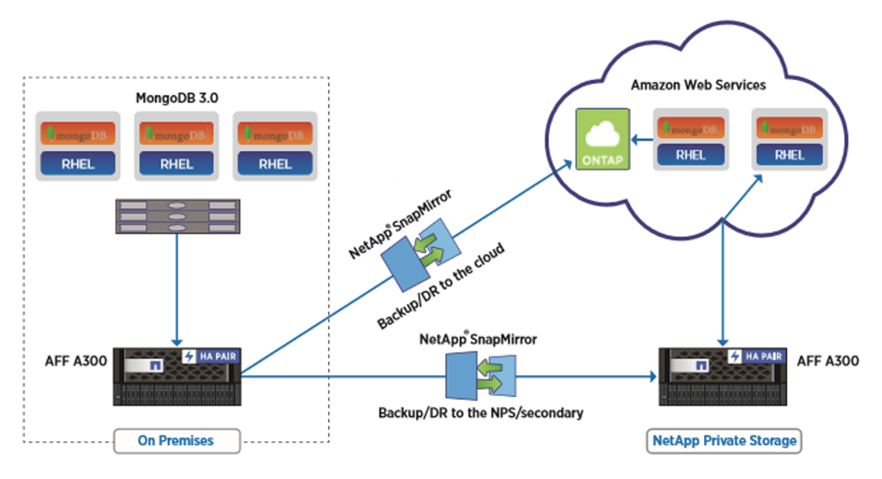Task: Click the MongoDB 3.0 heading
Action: [176, 96]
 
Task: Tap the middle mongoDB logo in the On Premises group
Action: [176, 134]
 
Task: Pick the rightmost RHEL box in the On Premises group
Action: [276, 165]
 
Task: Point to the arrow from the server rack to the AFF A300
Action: [175, 286]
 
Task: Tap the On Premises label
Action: [176, 440]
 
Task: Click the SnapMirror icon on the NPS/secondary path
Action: [479, 375]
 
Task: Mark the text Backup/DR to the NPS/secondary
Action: [480, 413]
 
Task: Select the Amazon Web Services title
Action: [698, 85]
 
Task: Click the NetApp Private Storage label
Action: [723, 440]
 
